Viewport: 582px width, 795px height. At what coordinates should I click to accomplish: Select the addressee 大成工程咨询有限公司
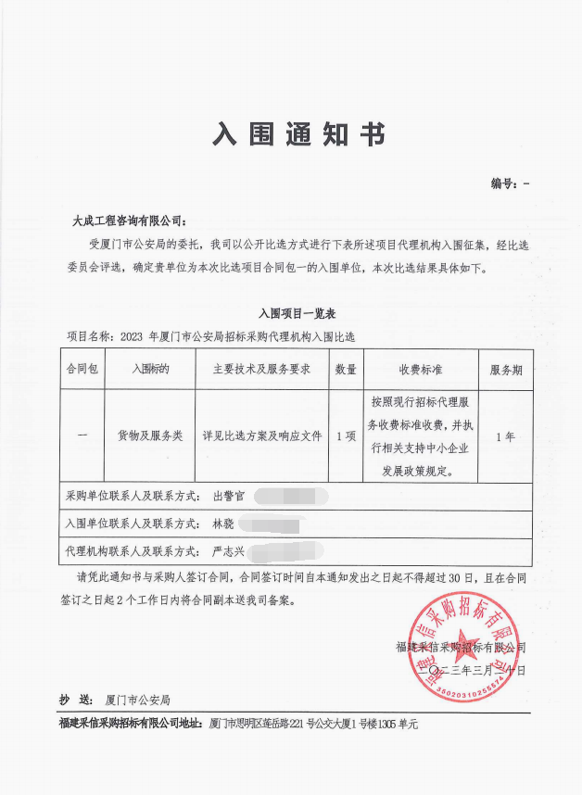[128, 221]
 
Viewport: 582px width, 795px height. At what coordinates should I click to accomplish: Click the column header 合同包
[82, 370]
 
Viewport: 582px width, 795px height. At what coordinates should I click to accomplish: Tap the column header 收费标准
[422, 370]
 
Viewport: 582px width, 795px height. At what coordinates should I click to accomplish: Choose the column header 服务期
[506, 370]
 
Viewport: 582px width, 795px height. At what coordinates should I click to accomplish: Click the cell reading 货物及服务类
[150, 435]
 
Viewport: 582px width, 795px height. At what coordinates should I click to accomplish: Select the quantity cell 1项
[346, 435]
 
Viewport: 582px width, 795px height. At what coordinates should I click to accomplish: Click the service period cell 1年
[506, 435]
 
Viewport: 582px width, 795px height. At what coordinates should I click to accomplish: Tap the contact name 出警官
[229, 497]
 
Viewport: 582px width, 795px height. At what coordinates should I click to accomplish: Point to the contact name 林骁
[223, 524]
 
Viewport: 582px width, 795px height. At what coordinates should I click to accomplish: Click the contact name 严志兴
[228, 551]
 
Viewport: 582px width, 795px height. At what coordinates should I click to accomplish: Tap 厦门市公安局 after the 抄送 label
[138, 700]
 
